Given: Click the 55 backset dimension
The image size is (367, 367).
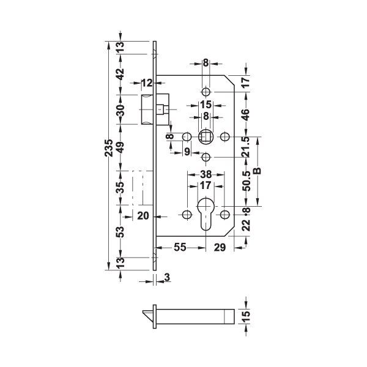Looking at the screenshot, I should click(x=180, y=247).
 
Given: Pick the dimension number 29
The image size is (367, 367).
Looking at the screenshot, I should click(x=220, y=247).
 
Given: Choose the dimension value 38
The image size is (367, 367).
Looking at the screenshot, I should click(x=206, y=174).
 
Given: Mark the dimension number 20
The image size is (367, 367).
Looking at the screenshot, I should click(x=143, y=215).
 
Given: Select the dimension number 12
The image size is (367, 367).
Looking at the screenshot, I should click(x=147, y=83).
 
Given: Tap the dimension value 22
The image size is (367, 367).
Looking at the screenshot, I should click(x=246, y=227).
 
